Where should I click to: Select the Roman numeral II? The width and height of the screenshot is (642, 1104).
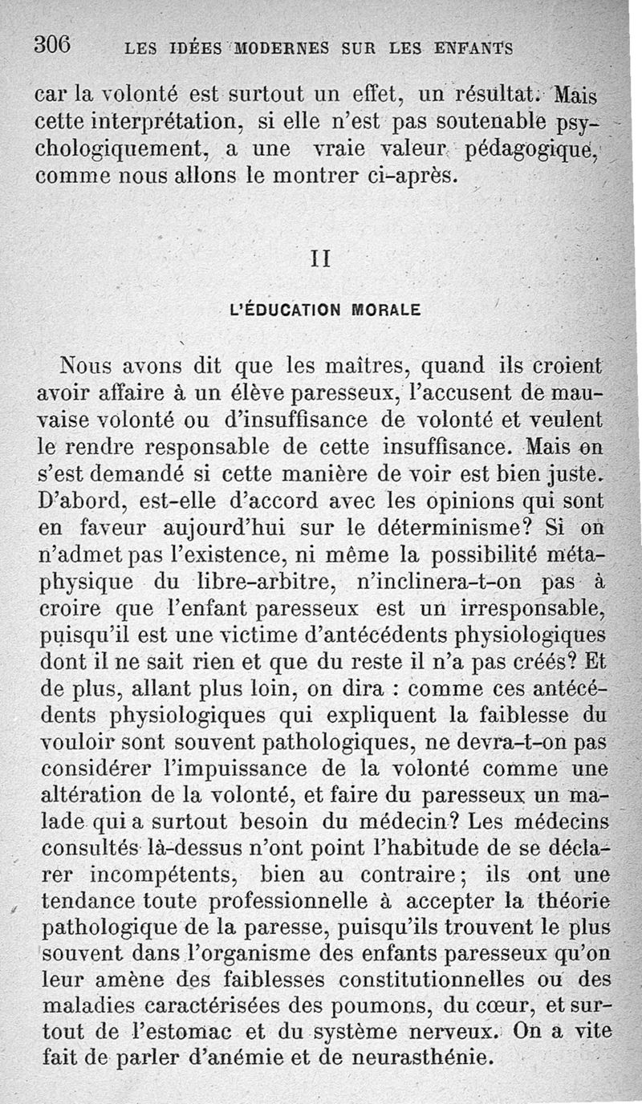tap(320, 259)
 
